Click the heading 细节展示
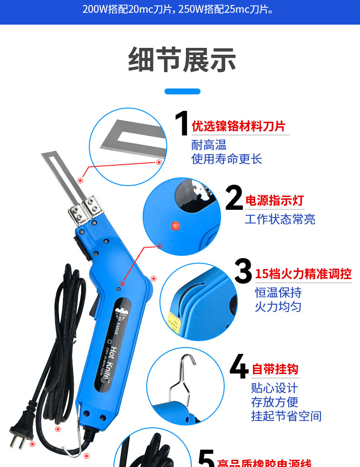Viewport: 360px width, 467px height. pos(182,60)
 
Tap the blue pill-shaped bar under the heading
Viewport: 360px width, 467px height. pos(182,91)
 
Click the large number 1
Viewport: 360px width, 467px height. pos(182,123)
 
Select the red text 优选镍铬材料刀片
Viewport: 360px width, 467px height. pos(238,126)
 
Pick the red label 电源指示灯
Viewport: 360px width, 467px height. pos(274,201)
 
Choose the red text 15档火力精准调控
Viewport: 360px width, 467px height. pos(303,274)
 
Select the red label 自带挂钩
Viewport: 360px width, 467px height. pos(275,369)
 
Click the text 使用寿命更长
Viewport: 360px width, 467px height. pos(226,159)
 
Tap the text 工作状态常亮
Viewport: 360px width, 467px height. pos(280,219)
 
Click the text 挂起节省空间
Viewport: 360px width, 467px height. pos(286,416)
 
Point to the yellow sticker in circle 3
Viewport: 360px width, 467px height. pos(173,319)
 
